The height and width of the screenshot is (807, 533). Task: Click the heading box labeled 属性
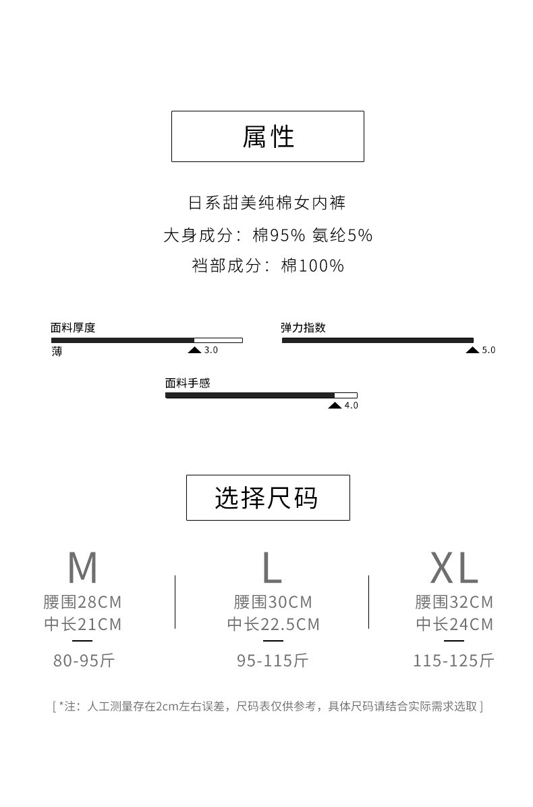tap(268, 136)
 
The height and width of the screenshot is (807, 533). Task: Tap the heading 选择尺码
tap(268, 498)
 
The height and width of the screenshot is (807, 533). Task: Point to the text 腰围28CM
tap(83, 602)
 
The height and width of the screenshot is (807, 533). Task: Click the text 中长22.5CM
tap(273, 624)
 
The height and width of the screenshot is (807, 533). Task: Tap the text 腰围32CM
tap(454, 602)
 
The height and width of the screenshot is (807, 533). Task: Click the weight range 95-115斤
tap(273, 660)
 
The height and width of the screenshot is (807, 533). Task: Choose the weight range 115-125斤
tap(454, 660)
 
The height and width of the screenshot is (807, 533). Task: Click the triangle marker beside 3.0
tap(194, 350)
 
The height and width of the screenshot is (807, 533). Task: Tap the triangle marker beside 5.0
tap(472, 350)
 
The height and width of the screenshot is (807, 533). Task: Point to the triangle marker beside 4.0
tap(335, 405)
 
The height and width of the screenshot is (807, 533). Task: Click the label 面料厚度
tap(73, 328)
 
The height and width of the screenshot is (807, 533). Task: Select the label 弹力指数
tap(303, 328)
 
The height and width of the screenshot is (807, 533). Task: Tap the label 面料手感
tap(188, 383)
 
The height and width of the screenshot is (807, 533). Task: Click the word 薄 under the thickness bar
tap(57, 352)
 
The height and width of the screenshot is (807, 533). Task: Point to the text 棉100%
tap(312, 265)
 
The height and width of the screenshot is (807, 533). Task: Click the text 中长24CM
tap(454, 624)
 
